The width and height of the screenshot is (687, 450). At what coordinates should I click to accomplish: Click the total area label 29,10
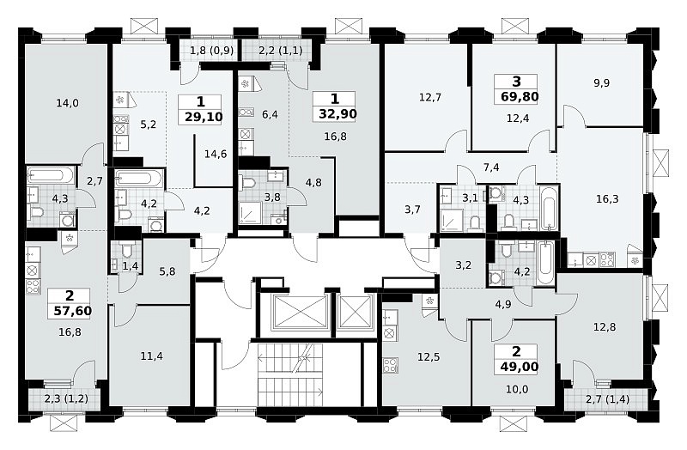(204, 117)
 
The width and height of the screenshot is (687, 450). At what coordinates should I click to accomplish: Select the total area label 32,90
(337, 114)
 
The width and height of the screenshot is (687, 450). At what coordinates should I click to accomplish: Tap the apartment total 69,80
(520, 96)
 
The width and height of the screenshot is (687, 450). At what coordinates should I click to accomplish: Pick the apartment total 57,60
(73, 311)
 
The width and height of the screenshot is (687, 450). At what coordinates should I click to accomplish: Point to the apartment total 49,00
(520, 367)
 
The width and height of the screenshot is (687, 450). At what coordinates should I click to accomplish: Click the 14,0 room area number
(68, 103)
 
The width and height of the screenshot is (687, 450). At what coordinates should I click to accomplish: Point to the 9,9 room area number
(602, 82)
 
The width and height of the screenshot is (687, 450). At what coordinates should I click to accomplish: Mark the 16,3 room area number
(607, 199)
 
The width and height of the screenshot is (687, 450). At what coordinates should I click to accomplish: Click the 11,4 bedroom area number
(152, 356)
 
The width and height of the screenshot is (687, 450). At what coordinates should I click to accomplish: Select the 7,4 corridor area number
(491, 167)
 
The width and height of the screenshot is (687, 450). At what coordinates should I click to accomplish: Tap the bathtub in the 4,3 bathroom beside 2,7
(51, 176)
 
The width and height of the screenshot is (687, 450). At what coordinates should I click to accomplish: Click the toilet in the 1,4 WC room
(126, 251)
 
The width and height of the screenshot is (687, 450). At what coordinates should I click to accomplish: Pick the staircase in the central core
(290, 374)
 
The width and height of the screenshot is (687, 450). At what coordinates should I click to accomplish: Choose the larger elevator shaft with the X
(300, 311)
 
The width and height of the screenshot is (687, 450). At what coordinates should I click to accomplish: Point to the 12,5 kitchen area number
(429, 357)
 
